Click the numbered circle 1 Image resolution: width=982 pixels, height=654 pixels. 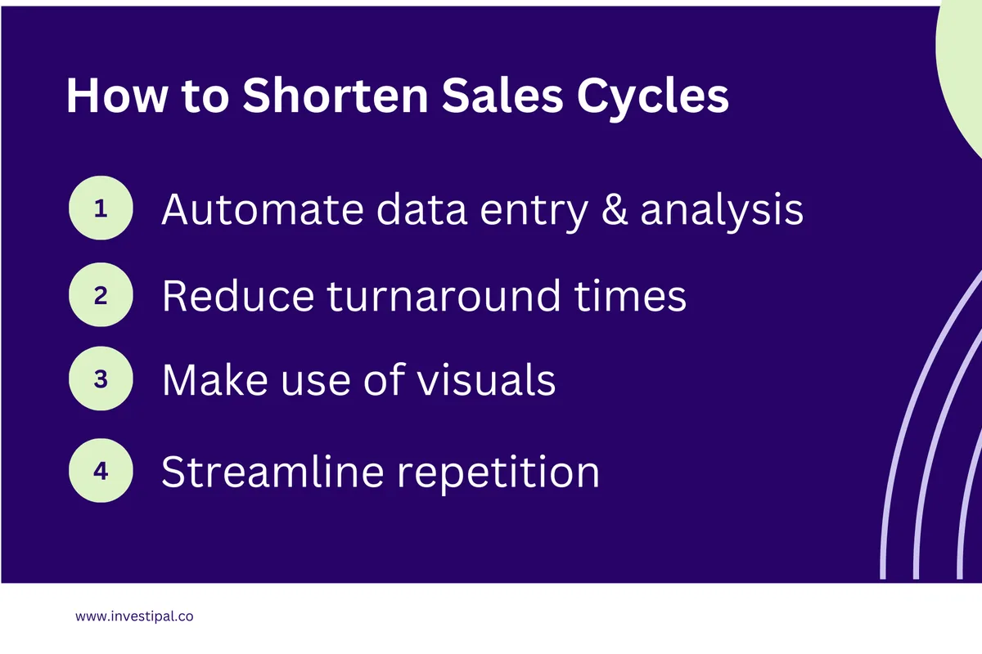click(x=101, y=208)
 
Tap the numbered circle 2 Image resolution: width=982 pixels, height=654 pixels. click(x=101, y=295)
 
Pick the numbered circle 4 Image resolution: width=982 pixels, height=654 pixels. click(x=101, y=471)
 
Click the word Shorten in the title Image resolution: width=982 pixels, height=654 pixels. click(x=335, y=96)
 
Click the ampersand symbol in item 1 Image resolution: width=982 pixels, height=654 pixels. click(x=613, y=210)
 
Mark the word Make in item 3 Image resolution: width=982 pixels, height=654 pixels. click(x=210, y=381)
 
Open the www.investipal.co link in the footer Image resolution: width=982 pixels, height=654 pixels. click(x=134, y=617)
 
